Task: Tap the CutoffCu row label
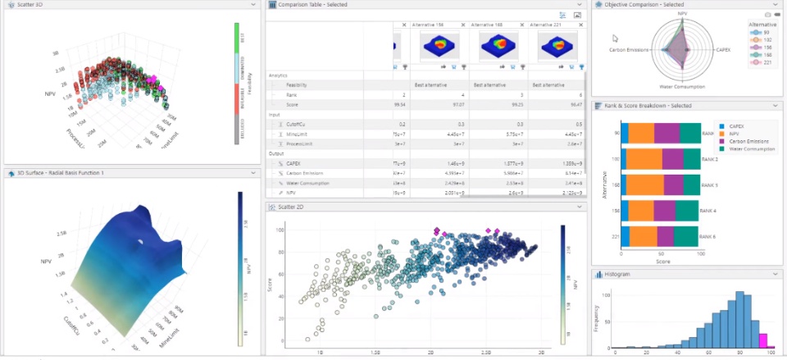tap(297, 124)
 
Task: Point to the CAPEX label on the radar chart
tap(723, 49)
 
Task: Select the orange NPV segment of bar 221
tap(644, 236)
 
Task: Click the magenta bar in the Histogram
tap(763, 341)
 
